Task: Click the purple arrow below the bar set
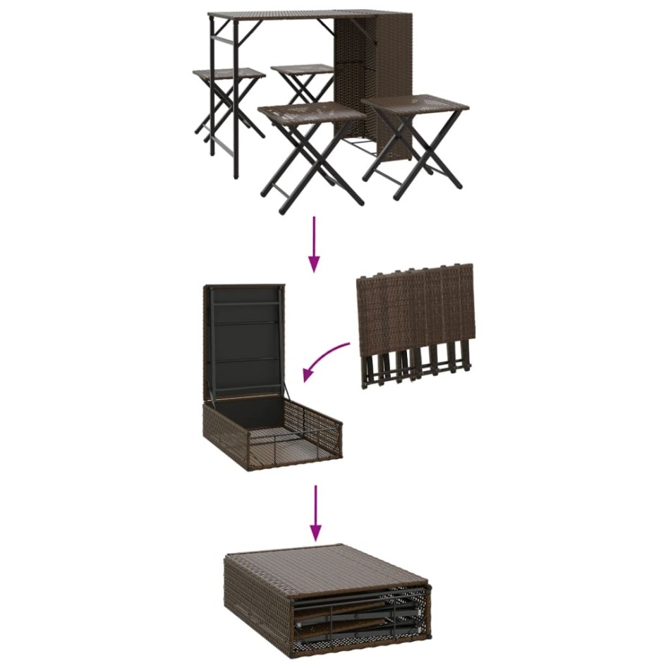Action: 314,243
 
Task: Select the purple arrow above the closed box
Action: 316,511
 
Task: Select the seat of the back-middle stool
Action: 302,70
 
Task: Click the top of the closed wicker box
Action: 324,564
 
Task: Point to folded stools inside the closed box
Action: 360,621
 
